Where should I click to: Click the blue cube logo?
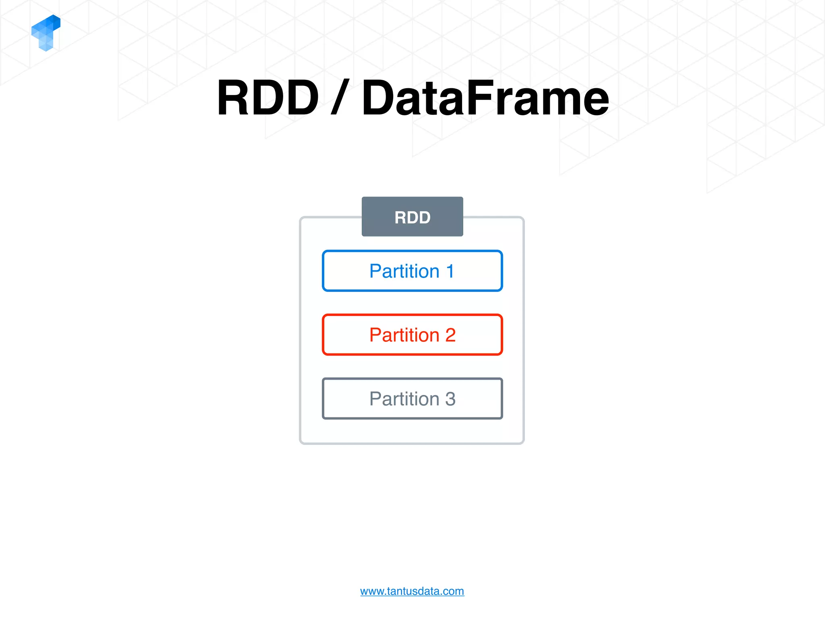46,33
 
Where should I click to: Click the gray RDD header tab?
412,216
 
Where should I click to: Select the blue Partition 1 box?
412,271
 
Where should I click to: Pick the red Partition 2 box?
412,334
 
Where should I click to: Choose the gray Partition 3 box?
412,399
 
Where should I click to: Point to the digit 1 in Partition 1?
450,271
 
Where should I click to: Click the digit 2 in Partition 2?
450,335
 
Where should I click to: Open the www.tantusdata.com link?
412,591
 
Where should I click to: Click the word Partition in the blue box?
404,271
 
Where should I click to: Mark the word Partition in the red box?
404,335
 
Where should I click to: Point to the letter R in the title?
234,98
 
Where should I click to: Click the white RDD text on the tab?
412,218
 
